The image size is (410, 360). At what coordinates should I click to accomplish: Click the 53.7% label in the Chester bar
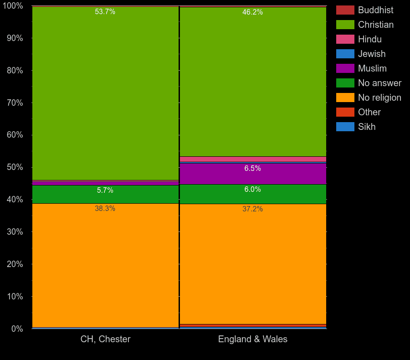[105, 12]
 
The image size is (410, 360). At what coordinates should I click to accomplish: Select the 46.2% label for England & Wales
[252, 12]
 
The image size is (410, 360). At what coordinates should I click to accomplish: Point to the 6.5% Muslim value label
[252, 169]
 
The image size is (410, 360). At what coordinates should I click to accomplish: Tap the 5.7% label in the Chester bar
[105, 190]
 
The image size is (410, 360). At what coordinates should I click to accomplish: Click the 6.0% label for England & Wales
[252, 190]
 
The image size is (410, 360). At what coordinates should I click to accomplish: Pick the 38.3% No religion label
[105, 209]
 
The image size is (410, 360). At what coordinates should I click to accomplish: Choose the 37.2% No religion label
[252, 209]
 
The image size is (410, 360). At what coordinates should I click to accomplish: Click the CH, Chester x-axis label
[105, 339]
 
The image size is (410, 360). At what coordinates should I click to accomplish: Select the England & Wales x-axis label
[252, 339]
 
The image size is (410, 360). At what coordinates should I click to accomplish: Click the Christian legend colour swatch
[345, 25]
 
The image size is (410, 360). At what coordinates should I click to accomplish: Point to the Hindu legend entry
[369, 39]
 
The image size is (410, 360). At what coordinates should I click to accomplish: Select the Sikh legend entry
[367, 127]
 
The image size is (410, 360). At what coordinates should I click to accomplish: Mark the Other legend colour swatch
[345, 112]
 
